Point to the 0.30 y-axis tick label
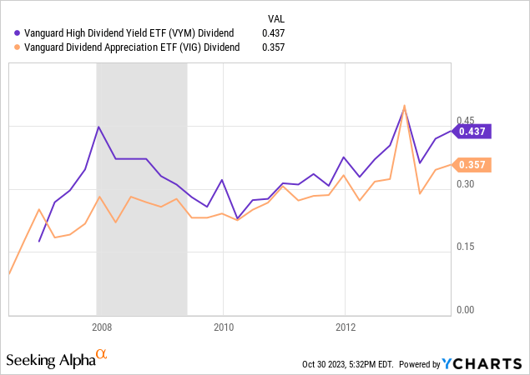coord(465,183)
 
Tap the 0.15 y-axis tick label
coord(465,247)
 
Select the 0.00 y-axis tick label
coord(465,310)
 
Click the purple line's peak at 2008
coord(98,127)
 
